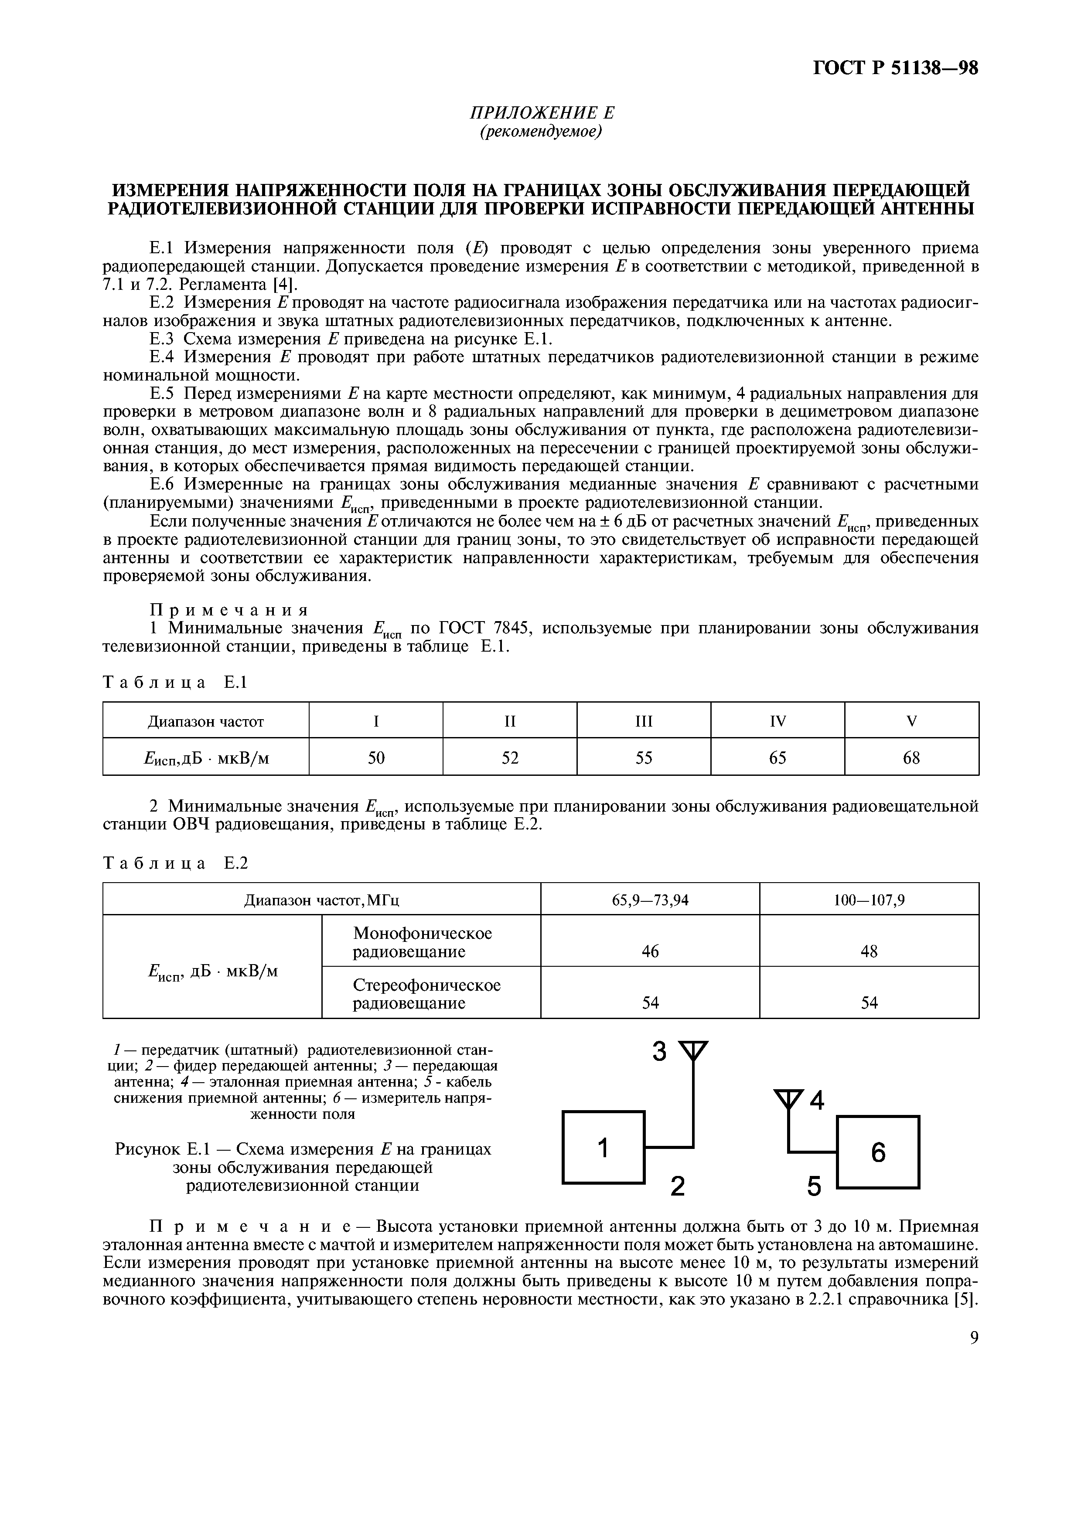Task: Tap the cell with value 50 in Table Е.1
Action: (376, 758)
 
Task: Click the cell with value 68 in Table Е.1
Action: (911, 758)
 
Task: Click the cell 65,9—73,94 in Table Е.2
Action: (650, 900)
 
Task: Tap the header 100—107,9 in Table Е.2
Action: (869, 900)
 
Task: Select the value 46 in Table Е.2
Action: (650, 951)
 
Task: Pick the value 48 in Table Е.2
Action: (869, 951)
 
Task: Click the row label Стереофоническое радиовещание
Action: (426, 994)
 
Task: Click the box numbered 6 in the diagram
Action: (878, 1152)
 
